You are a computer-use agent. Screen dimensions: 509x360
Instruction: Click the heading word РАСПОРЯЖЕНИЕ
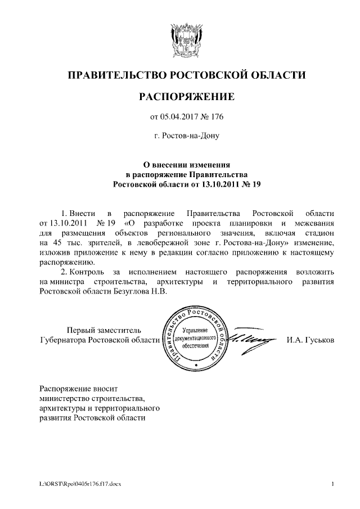coord(186,97)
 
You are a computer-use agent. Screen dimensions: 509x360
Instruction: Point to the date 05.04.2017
coord(179,117)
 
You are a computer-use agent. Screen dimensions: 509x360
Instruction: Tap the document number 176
coord(217,117)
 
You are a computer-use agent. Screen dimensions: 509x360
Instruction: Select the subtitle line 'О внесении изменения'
coord(186,165)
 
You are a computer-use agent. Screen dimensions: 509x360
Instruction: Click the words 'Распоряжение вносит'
coord(78,388)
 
